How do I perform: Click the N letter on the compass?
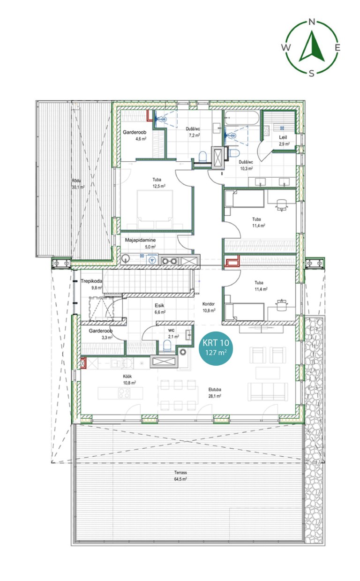[312, 22]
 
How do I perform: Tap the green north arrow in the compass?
[312, 46]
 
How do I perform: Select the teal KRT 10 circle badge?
[216, 348]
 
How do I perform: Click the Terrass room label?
[180, 473]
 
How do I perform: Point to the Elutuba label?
[215, 390]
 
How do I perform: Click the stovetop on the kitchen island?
[124, 392]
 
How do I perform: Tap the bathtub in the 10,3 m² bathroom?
[242, 118]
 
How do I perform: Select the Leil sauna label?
[283, 137]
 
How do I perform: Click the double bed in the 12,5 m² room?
[155, 209]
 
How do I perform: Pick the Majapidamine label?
[140, 240]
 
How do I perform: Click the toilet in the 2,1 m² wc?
[167, 346]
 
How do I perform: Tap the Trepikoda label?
[91, 281]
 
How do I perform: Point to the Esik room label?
[159, 306]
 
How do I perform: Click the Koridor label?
[209, 304]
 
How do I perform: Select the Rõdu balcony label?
[76, 181]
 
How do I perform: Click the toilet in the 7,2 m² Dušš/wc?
[202, 157]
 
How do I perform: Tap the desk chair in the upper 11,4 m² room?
[281, 204]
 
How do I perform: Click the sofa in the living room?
[268, 392]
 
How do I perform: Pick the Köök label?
[127, 377]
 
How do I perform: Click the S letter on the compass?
[312, 74]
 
